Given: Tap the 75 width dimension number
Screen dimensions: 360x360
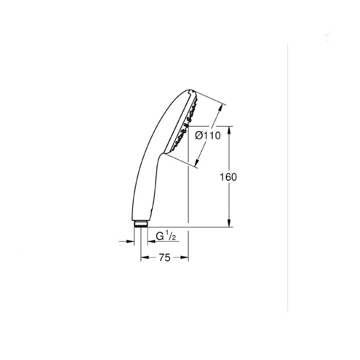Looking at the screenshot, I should point(164,258).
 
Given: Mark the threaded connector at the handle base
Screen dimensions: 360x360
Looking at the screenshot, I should point(140,224).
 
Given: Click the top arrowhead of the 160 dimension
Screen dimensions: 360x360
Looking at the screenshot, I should point(229,129).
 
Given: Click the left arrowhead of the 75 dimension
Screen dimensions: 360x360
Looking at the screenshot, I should point(143,258).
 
